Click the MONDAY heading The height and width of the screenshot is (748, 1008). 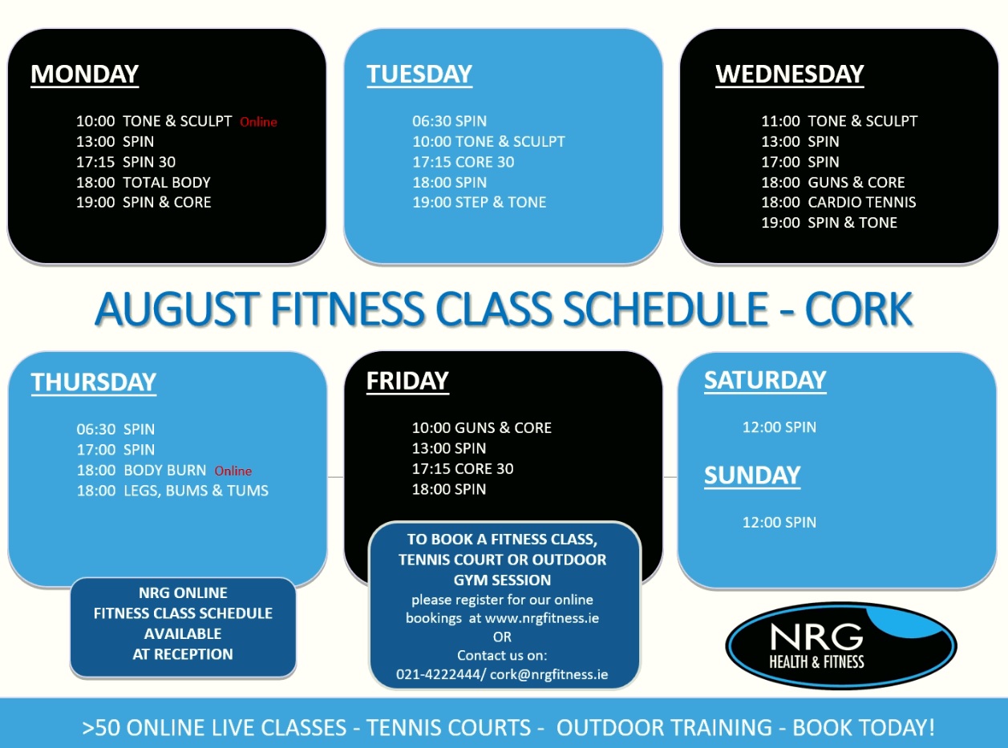[x=84, y=75]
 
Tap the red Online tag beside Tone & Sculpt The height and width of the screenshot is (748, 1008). [x=258, y=122]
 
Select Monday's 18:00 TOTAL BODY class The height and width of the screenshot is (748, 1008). [x=144, y=182]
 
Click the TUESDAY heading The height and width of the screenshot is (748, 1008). [x=419, y=75]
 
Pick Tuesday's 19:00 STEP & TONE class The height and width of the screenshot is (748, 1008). [x=480, y=203]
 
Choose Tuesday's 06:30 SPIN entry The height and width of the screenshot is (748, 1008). [x=449, y=121]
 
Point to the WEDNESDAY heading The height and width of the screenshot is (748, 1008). [x=789, y=75]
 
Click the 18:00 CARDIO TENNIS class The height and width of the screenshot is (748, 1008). [x=839, y=202]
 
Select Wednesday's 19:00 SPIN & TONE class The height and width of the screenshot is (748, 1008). [x=829, y=223]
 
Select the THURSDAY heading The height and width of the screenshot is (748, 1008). [x=94, y=382]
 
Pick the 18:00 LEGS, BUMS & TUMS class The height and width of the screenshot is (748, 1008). [x=172, y=491]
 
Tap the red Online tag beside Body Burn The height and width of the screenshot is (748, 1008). [x=233, y=471]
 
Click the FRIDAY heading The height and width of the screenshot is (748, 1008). [x=407, y=381]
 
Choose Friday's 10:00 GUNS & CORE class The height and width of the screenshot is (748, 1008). [x=482, y=428]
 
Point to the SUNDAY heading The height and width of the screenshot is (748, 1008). [x=752, y=475]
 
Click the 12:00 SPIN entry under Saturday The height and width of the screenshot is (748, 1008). [x=779, y=427]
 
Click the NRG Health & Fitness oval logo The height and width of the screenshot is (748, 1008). [x=840, y=645]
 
